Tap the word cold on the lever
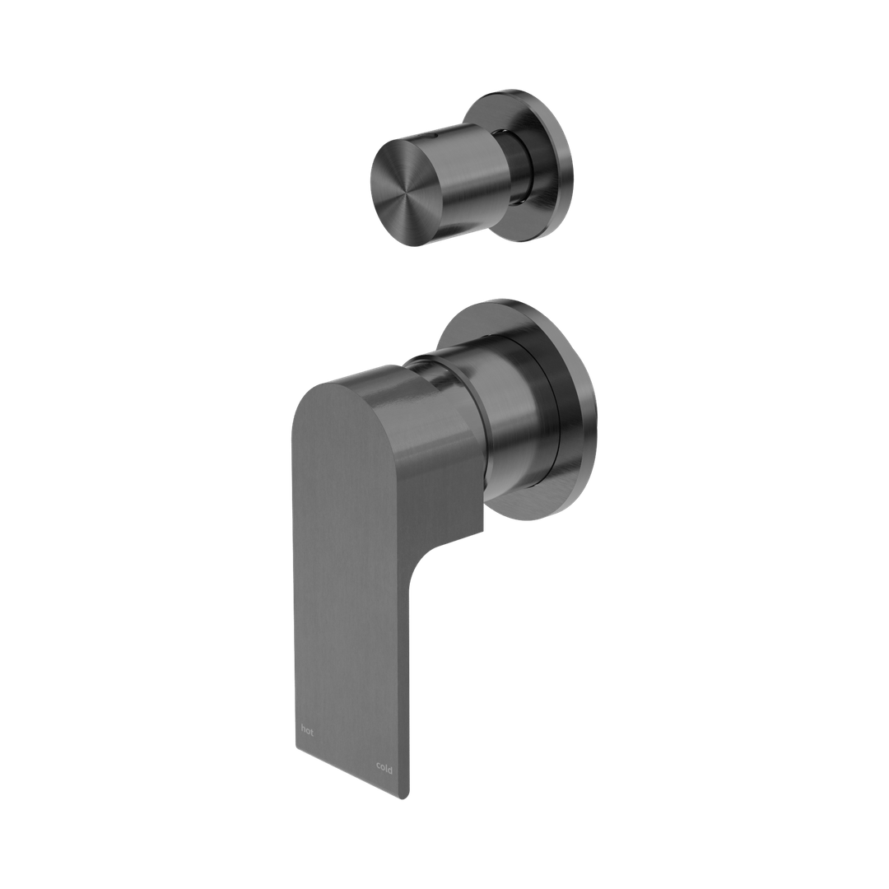(x=384, y=768)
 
